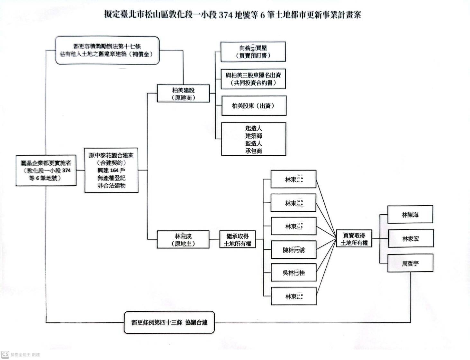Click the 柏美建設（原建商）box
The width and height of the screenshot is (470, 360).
click(x=183, y=94)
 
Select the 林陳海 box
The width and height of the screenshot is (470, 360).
click(x=410, y=215)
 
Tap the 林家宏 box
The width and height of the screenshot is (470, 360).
click(x=411, y=238)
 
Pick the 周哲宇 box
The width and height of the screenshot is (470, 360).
click(x=410, y=263)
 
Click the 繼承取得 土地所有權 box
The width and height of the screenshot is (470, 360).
click(x=237, y=240)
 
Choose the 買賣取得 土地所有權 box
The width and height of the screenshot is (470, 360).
click(x=354, y=239)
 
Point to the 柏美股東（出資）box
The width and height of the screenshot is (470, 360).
click(x=254, y=106)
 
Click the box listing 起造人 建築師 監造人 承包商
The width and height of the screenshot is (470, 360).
click(x=254, y=139)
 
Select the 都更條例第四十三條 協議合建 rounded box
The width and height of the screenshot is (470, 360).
click(x=169, y=322)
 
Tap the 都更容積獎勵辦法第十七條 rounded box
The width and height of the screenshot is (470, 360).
click(x=107, y=51)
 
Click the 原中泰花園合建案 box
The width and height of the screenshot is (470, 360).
click(x=111, y=170)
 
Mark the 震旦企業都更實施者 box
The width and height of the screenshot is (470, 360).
click(x=46, y=171)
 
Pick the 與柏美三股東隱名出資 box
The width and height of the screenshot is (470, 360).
click(x=253, y=79)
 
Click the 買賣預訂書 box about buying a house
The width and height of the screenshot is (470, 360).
click(x=253, y=51)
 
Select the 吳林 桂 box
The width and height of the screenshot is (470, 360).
click(x=294, y=272)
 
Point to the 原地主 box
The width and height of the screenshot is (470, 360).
click(x=183, y=240)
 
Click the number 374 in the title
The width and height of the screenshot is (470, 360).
click(x=226, y=15)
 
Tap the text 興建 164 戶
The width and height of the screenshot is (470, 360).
click(x=111, y=170)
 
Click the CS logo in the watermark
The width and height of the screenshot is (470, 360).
click(x=5, y=354)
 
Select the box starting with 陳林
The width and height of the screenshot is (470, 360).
click(x=294, y=250)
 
